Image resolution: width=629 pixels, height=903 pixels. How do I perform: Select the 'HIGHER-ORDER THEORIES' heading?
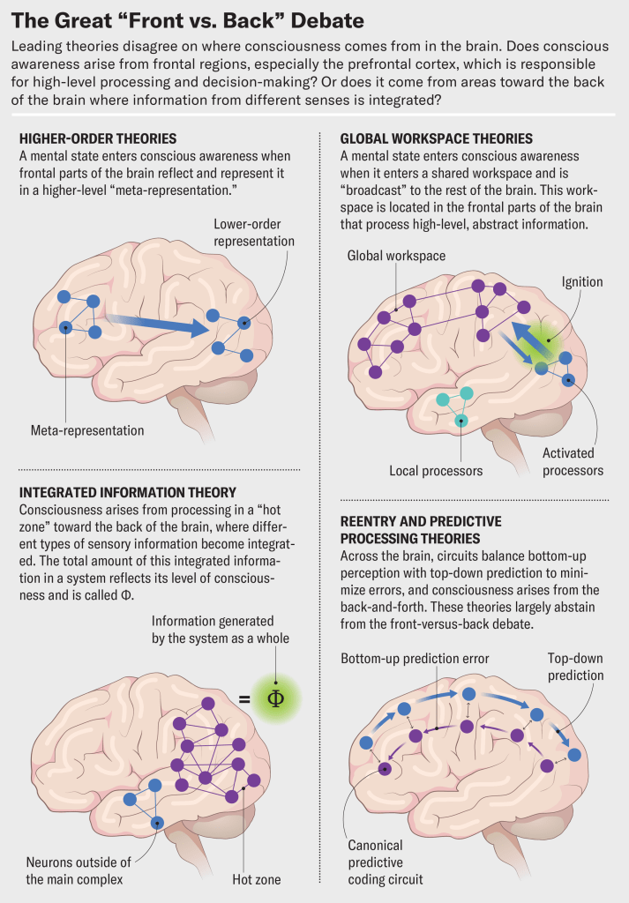pyautogui.click(x=97, y=138)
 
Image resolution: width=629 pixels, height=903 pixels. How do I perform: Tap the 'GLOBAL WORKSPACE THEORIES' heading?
pyautogui.click(x=436, y=138)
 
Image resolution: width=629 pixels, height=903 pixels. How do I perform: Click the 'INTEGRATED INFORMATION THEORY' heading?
pyautogui.click(x=127, y=492)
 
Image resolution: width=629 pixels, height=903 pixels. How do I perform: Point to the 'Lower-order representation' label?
pyautogui.click(x=254, y=232)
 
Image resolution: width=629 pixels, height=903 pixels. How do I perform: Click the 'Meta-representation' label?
pyautogui.click(x=86, y=430)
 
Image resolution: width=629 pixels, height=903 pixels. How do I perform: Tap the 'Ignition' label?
pyautogui.click(x=582, y=282)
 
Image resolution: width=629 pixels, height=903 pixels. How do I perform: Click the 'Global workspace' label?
pyautogui.click(x=396, y=256)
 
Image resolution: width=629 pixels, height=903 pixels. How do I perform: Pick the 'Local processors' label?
pyautogui.click(x=436, y=470)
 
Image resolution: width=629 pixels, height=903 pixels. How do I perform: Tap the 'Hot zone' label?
pyautogui.click(x=255, y=878)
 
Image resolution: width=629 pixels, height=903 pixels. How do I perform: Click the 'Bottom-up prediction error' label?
pyautogui.click(x=415, y=658)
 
